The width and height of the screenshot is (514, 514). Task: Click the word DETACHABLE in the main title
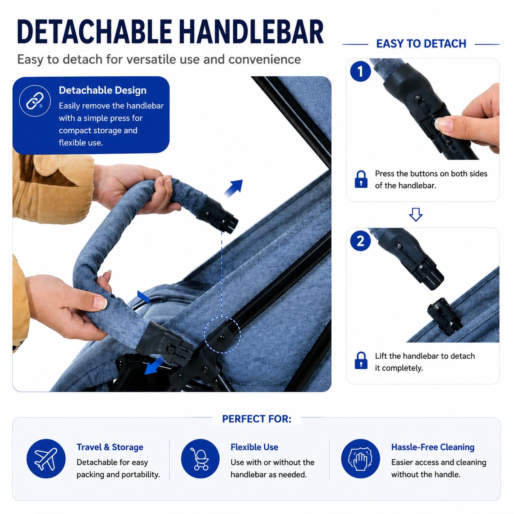pyautogui.click(x=94, y=32)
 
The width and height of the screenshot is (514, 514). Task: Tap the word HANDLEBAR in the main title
pyautogui.click(x=251, y=32)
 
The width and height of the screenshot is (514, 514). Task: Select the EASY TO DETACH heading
pyautogui.click(x=421, y=44)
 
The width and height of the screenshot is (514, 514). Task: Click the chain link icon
pyautogui.click(x=35, y=101)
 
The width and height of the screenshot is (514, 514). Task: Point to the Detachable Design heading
pyautogui.click(x=103, y=91)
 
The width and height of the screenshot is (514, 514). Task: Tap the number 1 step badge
pyautogui.click(x=360, y=71)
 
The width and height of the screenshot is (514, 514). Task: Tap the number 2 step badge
pyautogui.click(x=360, y=241)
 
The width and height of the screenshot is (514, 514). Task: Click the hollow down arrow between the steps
pyautogui.click(x=416, y=214)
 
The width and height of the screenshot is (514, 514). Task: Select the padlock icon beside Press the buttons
pyautogui.click(x=361, y=179)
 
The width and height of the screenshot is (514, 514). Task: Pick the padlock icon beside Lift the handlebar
pyautogui.click(x=361, y=360)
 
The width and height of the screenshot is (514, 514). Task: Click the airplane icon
pyautogui.click(x=46, y=459)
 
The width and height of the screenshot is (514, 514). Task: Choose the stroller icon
pyautogui.click(x=200, y=459)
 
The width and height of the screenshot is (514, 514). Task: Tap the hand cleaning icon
pyautogui.click(x=360, y=459)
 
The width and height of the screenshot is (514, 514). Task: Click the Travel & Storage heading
pyautogui.click(x=110, y=447)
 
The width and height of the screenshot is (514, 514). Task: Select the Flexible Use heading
pyautogui.click(x=254, y=447)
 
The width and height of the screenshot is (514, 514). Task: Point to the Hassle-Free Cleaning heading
pyautogui.click(x=433, y=447)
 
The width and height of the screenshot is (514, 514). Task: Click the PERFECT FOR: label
pyautogui.click(x=257, y=419)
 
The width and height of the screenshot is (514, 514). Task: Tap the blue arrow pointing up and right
pyautogui.click(x=234, y=188)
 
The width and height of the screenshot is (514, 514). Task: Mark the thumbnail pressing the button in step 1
pyautogui.click(x=444, y=124)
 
